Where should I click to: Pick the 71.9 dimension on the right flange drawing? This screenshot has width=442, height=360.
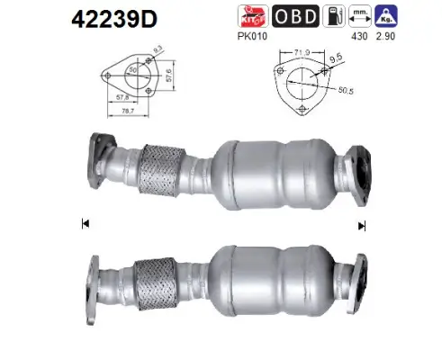300,55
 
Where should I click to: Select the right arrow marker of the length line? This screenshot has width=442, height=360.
362,226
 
